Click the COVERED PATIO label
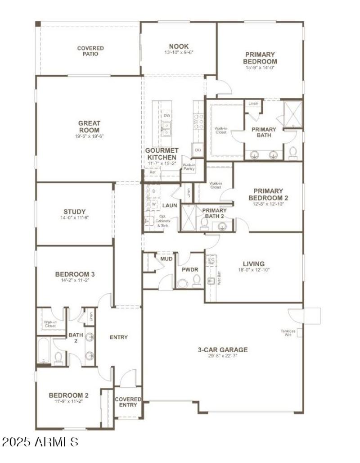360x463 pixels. coord(90,51)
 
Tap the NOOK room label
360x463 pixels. coord(179,46)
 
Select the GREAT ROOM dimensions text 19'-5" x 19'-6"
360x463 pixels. coord(89,136)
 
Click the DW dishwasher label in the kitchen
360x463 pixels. coord(166,116)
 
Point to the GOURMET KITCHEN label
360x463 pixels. coord(162,154)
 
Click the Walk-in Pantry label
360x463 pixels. coord(189,167)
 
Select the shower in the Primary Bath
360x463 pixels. coord(293,115)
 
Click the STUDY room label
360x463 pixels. coord(75,212)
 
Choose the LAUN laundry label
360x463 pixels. coord(170,205)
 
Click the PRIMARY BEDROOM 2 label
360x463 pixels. coord(268,194)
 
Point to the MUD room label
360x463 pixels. coord(166,259)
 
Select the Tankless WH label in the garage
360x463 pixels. coord(288,333)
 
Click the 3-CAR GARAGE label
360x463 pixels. coord(223,350)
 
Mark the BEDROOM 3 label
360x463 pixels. coord(75,274)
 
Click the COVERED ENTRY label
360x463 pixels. coord(128,402)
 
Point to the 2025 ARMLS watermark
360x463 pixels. coord(40,441)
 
